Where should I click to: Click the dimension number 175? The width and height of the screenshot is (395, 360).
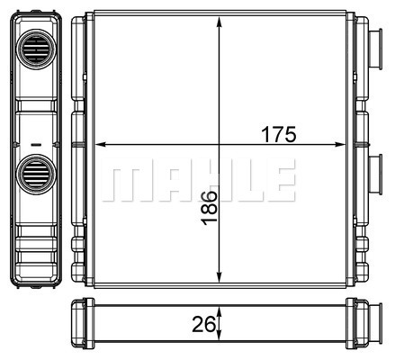tap(279, 134)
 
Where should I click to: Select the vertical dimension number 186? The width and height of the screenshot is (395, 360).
tap(209, 208)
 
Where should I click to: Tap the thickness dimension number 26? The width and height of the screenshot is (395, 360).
tap(203, 324)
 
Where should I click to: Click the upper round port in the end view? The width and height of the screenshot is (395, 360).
tap(36, 49)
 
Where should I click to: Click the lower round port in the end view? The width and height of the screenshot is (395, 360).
tap(36, 175)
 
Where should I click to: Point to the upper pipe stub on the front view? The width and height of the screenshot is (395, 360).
tap(375, 49)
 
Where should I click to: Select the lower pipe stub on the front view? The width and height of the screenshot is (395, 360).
tap(375, 175)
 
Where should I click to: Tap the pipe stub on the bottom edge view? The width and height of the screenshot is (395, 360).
tap(375, 323)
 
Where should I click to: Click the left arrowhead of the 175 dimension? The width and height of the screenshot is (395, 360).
tap(100, 145)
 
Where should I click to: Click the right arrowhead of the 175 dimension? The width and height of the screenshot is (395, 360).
tap(340, 145)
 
